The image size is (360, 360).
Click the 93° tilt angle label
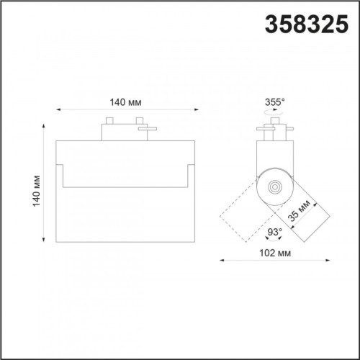click(x=274, y=232)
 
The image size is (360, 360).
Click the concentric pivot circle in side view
click(x=274, y=186)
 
